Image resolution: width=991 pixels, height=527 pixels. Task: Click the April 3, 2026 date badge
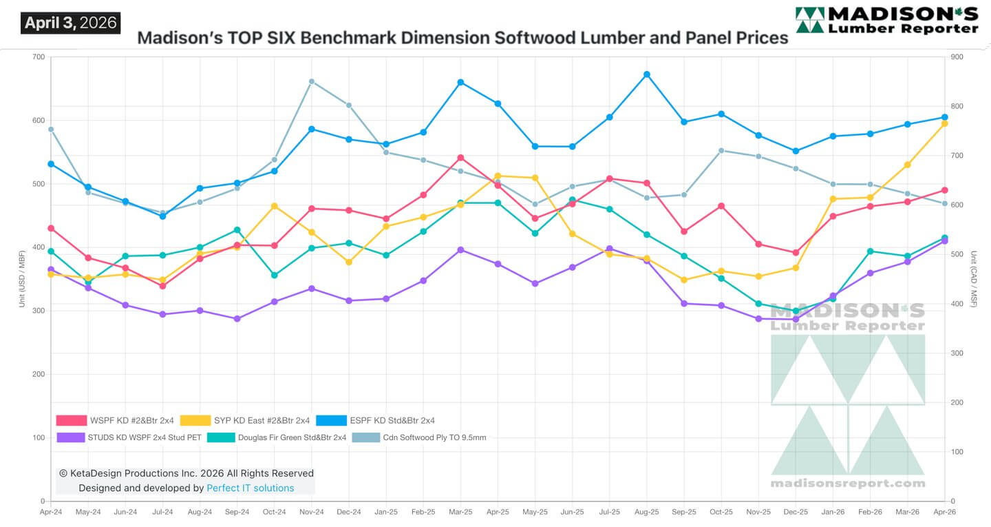pyautogui.click(x=70, y=23)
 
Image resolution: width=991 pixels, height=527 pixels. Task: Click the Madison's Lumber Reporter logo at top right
pyautogui.click(x=886, y=20)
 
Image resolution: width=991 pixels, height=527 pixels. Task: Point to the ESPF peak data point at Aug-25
pyautogui.click(x=646, y=74)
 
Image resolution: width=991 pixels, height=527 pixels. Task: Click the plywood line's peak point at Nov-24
pyautogui.click(x=312, y=81)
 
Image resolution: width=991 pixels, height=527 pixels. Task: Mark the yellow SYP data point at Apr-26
pyautogui.click(x=945, y=123)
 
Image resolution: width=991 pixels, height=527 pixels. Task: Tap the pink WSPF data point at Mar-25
pyautogui.click(x=460, y=158)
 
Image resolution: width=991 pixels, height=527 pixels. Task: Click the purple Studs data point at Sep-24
pyautogui.click(x=237, y=319)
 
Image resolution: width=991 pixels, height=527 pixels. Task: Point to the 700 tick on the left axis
pyautogui.click(x=38, y=57)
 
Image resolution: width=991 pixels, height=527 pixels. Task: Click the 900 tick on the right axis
pyautogui.click(x=956, y=57)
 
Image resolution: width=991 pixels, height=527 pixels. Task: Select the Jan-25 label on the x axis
pyautogui.click(x=386, y=512)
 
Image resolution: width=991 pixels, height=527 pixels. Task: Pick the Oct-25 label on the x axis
pyautogui.click(x=721, y=512)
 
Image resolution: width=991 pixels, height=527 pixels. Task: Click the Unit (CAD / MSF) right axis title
pyautogui.click(x=972, y=279)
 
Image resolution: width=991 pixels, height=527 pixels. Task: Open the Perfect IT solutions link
pyautogui.click(x=250, y=488)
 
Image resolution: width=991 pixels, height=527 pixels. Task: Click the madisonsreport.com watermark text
pyautogui.click(x=848, y=483)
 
